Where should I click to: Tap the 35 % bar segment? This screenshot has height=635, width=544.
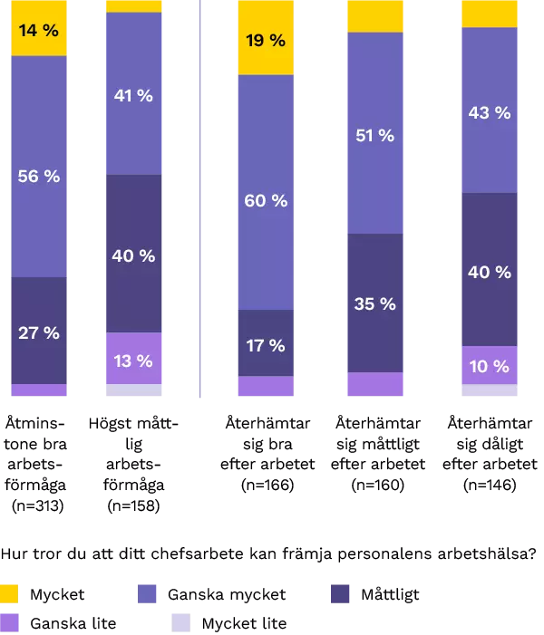pos(374,303)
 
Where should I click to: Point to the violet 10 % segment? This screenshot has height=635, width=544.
pos(490,365)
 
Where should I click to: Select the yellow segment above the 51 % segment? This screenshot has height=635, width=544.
pos(374,15)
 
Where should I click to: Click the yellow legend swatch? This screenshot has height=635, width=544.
pos(9,593)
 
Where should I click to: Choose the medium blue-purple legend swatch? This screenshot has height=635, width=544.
pos(149,593)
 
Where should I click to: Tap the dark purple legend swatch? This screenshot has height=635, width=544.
pos(340,593)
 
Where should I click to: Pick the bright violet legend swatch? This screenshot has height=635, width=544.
pos(9,622)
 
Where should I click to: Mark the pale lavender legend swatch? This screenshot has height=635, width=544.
pos(180,622)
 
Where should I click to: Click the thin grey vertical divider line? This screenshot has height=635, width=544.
pos(199,199)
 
